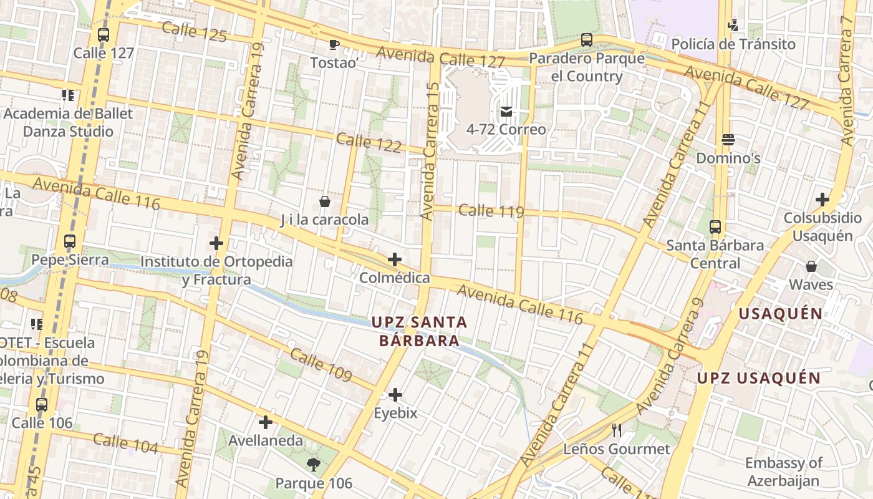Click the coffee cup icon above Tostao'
[x=334, y=44]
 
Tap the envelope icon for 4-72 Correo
[x=506, y=112]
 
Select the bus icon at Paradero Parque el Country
[x=586, y=40]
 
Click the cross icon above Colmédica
[x=394, y=259]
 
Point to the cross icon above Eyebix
[x=395, y=395]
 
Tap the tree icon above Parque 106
[x=314, y=464]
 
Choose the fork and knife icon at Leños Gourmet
[x=617, y=430]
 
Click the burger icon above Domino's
[x=728, y=140]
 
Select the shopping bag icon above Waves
[x=811, y=266]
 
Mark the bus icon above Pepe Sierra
[x=70, y=241]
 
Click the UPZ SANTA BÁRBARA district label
[x=419, y=331]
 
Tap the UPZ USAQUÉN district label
[x=758, y=378]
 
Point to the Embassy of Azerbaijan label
[x=783, y=472]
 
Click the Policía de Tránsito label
[x=733, y=44]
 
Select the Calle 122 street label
[x=369, y=142]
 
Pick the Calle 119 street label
[x=491, y=211]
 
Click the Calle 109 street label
[x=321, y=366]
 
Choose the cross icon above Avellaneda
[x=266, y=422]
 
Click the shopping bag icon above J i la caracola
[x=324, y=201]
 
